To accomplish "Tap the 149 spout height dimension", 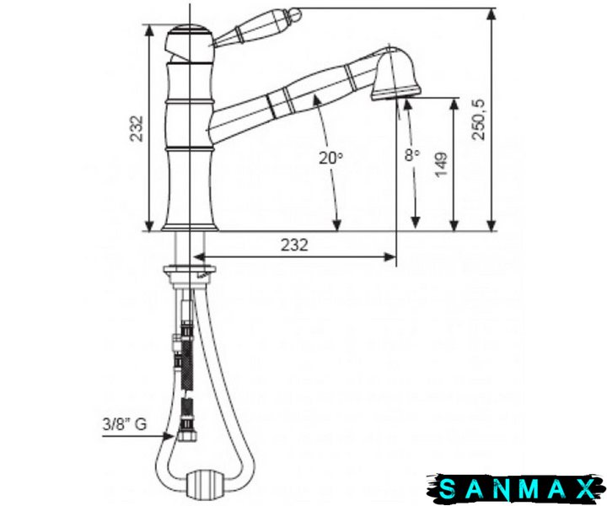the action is [x=442, y=165].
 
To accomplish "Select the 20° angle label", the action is [x=330, y=157].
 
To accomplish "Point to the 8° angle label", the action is [x=412, y=154].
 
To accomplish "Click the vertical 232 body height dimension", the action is [x=137, y=128].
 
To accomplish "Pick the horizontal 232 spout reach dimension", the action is [x=294, y=245].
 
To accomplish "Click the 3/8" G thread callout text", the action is [x=125, y=424].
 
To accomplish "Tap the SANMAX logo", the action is [x=516, y=488].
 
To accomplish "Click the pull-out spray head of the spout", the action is [x=395, y=76].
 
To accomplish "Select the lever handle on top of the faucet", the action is [x=256, y=28].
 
